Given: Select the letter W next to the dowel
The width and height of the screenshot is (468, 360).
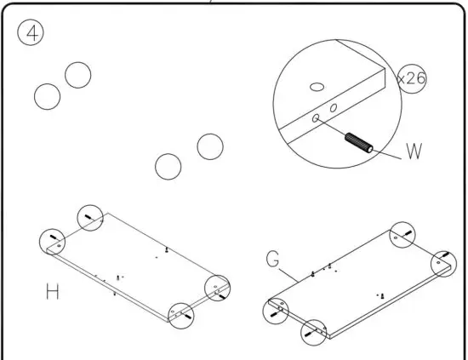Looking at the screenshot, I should click(414, 153).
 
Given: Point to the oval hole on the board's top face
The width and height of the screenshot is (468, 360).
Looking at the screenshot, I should click(317, 86).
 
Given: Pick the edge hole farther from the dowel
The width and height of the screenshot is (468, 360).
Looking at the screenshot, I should click(334, 107).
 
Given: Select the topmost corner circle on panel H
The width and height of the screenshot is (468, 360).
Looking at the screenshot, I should click(90, 218).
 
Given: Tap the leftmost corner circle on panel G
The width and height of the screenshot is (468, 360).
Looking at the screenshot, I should click(277, 310).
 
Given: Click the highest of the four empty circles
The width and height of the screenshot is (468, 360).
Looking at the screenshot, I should click(77, 75).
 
